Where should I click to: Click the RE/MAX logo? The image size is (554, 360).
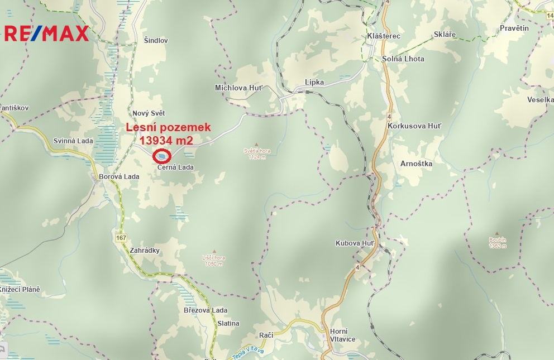click(x=47, y=33)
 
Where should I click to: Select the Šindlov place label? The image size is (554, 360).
click(x=156, y=41)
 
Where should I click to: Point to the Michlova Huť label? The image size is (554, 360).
click(x=238, y=88)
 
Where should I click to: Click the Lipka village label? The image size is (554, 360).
click(x=314, y=82)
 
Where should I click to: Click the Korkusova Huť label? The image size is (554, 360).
click(x=414, y=126)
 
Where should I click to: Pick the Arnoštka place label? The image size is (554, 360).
click(x=417, y=164)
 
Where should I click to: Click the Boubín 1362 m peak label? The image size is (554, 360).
click(x=497, y=242)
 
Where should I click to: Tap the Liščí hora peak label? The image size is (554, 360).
click(x=213, y=261)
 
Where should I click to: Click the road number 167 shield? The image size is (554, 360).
click(x=121, y=238)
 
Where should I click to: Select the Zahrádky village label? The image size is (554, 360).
click(x=144, y=251)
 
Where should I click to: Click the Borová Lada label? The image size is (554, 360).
click(x=119, y=177)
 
